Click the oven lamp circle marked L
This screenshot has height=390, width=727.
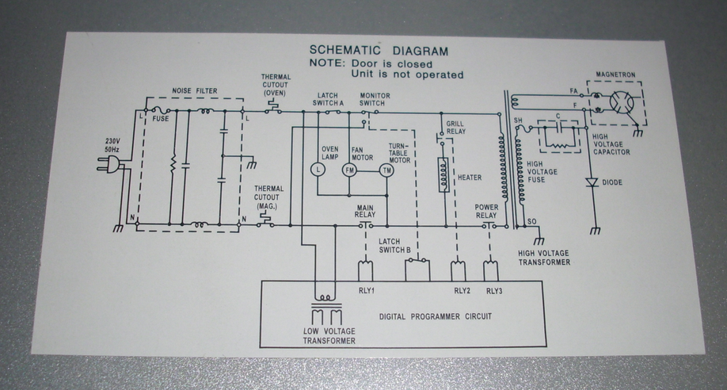click(318, 170)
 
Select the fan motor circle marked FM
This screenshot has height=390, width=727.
click(349, 170)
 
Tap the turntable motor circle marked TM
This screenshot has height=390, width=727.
click(386, 170)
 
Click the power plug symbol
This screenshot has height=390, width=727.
click(109, 164)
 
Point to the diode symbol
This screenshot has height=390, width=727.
click(592, 182)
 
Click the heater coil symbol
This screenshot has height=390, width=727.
click(443, 174)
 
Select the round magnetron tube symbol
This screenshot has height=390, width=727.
click(622, 102)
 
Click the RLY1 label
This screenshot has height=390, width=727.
click(367, 291)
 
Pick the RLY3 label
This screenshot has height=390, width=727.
click(494, 291)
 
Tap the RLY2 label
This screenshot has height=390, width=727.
click(462, 291)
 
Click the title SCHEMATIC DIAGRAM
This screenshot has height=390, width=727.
click(379, 50)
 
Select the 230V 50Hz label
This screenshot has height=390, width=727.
click(112, 145)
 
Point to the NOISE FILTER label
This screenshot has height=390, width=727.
click(195, 91)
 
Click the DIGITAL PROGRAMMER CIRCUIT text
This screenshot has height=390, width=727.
click(436, 316)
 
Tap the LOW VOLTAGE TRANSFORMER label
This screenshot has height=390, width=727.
click(329, 336)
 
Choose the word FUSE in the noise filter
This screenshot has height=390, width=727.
click(161, 119)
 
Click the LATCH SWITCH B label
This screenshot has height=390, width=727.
click(394, 246)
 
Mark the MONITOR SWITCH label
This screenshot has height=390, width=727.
click(375, 99)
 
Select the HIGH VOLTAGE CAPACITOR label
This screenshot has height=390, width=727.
click(611, 144)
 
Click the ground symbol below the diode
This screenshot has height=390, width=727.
click(595, 231)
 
